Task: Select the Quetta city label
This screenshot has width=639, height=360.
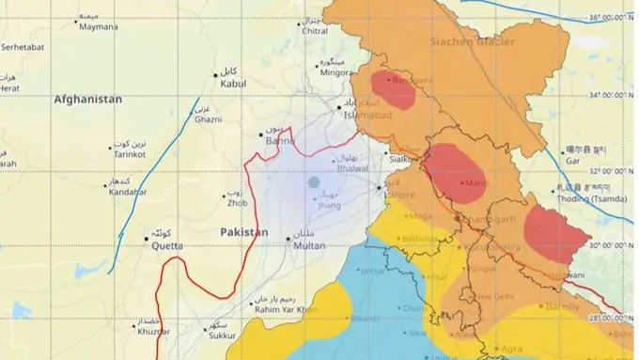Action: pyautogui.click(x=164, y=239)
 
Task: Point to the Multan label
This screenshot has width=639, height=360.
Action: pyautogui.click(x=309, y=245)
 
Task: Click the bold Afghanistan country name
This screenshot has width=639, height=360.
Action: pyautogui.click(x=88, y=99)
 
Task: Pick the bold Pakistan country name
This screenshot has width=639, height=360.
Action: pyautogui.click(x=244, y=231)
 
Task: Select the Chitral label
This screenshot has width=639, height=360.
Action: pyautogui.click(x=314, y=31)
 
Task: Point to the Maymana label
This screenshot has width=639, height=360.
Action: pyautogui.click(x=100, y=26)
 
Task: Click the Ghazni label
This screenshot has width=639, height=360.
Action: pyautogui.click(x=207, y=120)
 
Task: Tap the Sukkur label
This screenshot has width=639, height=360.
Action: pyautogui.click(x=223, y=334)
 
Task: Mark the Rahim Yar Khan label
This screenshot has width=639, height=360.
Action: pyautogui.click(x=286, y=309)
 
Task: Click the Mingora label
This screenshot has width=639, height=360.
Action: pyautogui.click(x=335, y=71)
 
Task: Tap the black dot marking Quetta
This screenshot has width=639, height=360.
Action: pyautogui.click(x=147, y=239)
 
